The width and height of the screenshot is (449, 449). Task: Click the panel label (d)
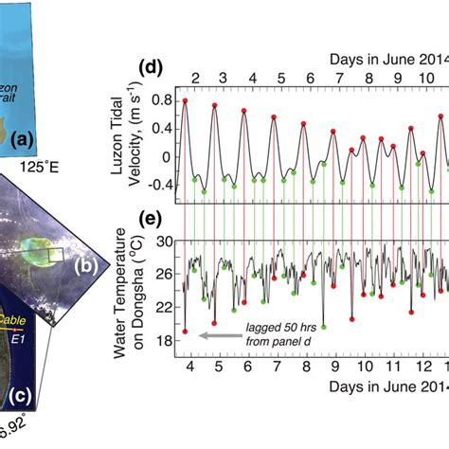coord(150,69)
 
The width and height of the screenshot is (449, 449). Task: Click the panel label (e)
coord(151,219)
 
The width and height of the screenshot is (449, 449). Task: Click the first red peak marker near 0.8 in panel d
coord(186,100)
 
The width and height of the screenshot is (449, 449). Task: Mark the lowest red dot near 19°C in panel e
coord(186,332)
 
